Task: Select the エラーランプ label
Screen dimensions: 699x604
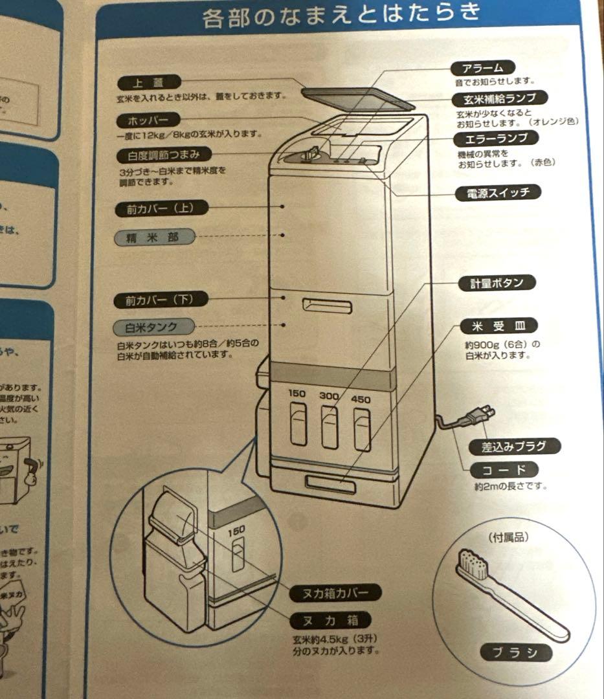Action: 496,139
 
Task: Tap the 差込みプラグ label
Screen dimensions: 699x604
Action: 513,446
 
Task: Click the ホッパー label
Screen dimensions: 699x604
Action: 147,120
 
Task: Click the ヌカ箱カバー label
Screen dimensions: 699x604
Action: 334,592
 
